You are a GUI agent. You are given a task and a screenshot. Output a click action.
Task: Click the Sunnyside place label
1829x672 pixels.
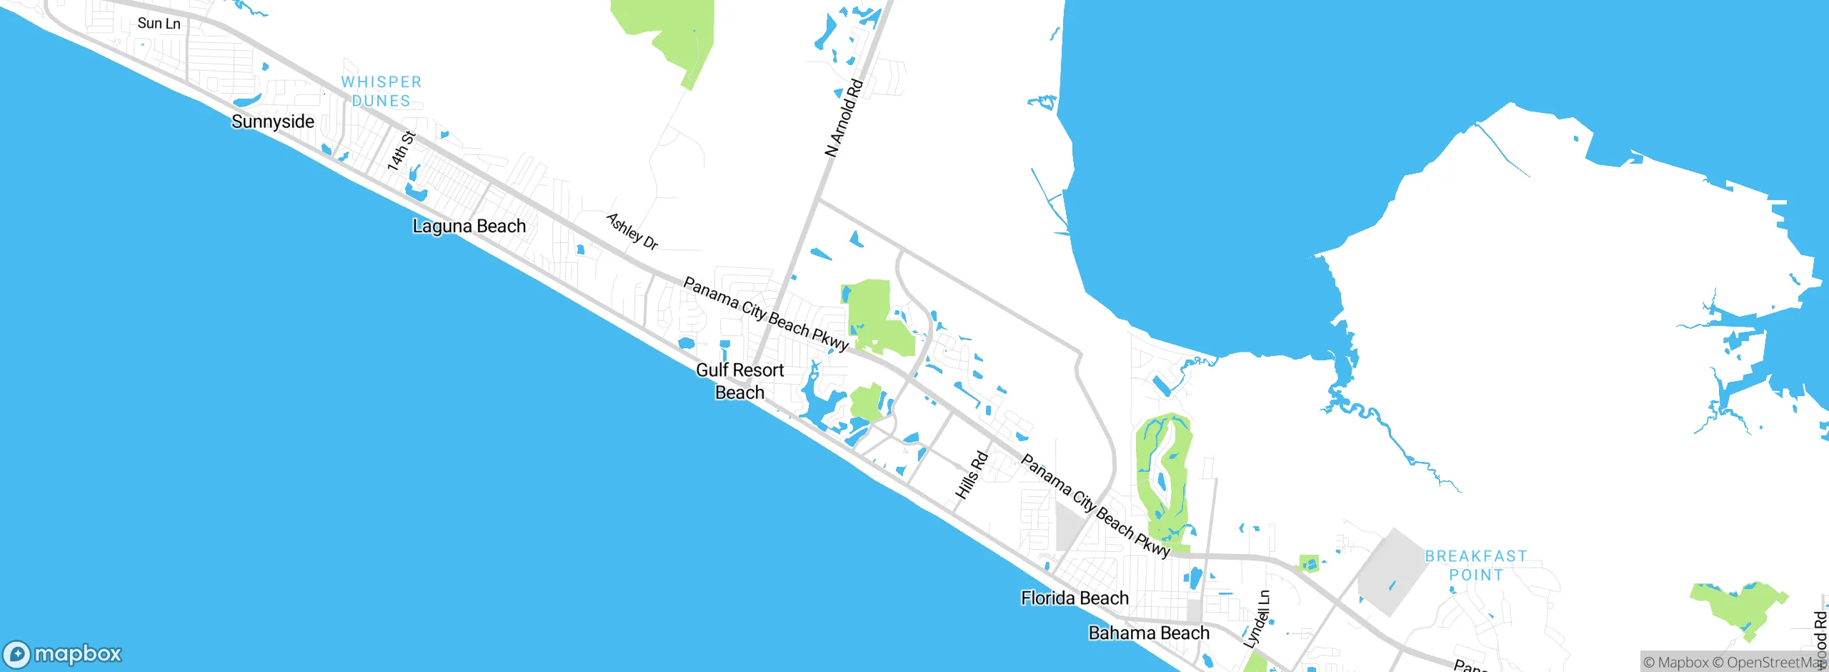coord(272,122)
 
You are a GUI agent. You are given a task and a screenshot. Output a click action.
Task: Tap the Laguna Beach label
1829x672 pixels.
coord(469,227)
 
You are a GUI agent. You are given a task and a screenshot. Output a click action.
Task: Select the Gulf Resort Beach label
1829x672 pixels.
coord(740,381)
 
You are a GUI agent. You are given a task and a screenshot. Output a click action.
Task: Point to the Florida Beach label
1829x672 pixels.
coord(1075,598)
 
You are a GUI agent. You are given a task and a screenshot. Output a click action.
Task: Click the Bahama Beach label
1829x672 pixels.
coord(1148,633)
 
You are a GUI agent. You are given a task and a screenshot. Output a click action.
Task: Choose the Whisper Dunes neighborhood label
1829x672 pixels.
coord(382,92)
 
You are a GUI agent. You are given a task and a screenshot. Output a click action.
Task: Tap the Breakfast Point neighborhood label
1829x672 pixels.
coord(1476,565)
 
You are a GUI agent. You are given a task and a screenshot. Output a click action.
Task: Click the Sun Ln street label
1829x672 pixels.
coord(159,24)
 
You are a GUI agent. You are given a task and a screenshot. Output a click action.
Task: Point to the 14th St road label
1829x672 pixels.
coord(401,151)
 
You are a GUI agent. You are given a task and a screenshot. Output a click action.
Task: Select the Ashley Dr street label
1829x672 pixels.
coord(632,231)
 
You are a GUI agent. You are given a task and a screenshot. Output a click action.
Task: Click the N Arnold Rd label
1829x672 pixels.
coord(844,119)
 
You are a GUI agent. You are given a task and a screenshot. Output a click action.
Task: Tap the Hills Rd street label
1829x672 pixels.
coord(972,475)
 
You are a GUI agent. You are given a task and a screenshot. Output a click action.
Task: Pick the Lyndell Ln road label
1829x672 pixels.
coord(1257,619)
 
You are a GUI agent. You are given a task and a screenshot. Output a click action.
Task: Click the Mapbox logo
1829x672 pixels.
coord(62,653)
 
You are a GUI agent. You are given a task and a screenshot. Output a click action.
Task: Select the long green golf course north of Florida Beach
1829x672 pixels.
coord(1163,475)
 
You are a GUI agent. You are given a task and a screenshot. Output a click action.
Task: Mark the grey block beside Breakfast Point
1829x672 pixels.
coord(1388,572)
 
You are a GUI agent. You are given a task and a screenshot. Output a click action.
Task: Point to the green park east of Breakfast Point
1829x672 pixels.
coord(1738,606)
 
